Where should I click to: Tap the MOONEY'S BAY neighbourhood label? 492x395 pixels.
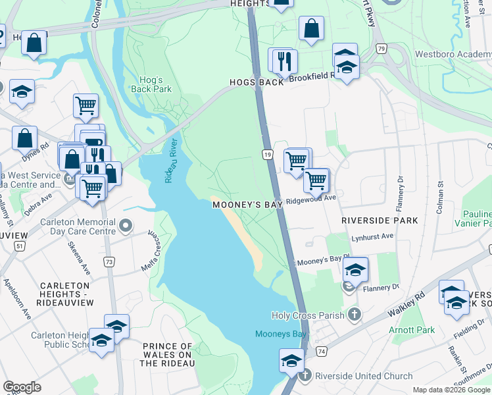tap(247, 205)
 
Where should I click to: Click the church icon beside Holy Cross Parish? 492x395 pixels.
tap(355, 315)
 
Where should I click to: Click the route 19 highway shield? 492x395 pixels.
tap(267, 154)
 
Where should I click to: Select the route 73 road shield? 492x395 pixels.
tap(109, 262)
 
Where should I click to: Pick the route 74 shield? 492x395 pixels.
tap(321, 353)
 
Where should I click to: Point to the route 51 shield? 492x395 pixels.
tap(20, 246)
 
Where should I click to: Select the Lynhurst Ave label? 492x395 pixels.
tap(372, 236)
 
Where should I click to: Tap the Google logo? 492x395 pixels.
tap(22, 387)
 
